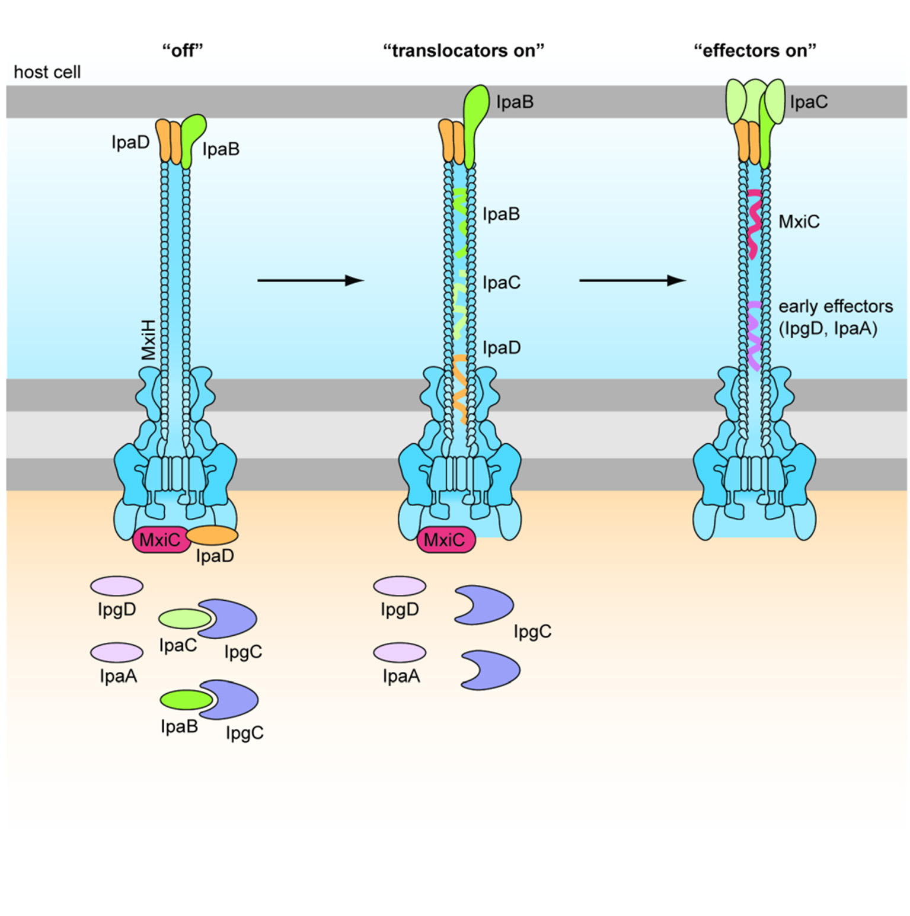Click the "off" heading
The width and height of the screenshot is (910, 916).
point(183,50)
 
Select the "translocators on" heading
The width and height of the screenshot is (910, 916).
point(463,50)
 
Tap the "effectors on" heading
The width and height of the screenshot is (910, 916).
point(755,50)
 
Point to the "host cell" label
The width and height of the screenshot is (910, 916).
point(47,72)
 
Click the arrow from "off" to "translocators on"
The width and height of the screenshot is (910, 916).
point(310,280)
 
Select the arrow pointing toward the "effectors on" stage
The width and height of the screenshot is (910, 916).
point(632,280)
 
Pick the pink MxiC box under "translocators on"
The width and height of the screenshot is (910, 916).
point(445,540)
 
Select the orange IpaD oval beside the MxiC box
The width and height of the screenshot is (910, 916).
point(212,535)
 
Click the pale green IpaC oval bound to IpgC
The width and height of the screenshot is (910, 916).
point(184,619)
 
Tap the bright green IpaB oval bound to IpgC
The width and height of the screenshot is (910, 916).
point(186,700)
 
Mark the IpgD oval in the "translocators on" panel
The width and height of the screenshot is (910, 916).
point(399,586)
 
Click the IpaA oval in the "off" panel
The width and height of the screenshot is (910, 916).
point(117,652)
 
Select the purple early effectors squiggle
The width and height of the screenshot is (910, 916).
point(753,335)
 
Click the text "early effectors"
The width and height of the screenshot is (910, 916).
point(835,306)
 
